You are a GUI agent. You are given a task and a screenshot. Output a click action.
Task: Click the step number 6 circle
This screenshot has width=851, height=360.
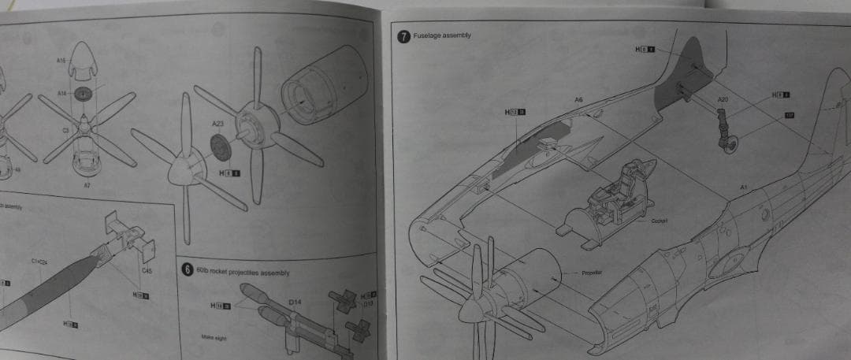pyautogui.click(x=188, y=269)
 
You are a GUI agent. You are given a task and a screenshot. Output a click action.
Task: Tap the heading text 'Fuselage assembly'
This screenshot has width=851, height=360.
pyautogui.click(x=442, y=36)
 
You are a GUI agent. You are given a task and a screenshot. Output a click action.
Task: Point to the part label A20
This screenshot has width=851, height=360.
pyautogui.click(x=723, y=100)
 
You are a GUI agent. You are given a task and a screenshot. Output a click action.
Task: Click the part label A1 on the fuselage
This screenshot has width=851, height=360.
pyautogui.click(x=743, y=187)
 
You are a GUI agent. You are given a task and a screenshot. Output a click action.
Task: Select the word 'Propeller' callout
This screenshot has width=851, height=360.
pyautogui.click(x=592, y=273)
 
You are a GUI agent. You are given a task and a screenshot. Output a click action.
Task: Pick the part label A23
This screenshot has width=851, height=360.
pyautogui.click(x=218, y=124)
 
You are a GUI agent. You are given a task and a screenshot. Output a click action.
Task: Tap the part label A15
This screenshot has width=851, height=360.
pyautogui.click(x=61, y=61)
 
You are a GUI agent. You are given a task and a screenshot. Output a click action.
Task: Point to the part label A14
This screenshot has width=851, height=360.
pyautogui.click(x=61, y=93)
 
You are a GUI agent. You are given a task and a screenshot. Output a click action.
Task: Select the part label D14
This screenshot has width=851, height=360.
pyautogui.click(x=295, y=302)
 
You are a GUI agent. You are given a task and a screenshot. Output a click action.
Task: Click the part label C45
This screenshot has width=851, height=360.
pyautogui.click(x=147, y=270)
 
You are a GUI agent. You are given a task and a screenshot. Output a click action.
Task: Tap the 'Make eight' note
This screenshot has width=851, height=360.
pyautogui.click(x=214, y=336)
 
